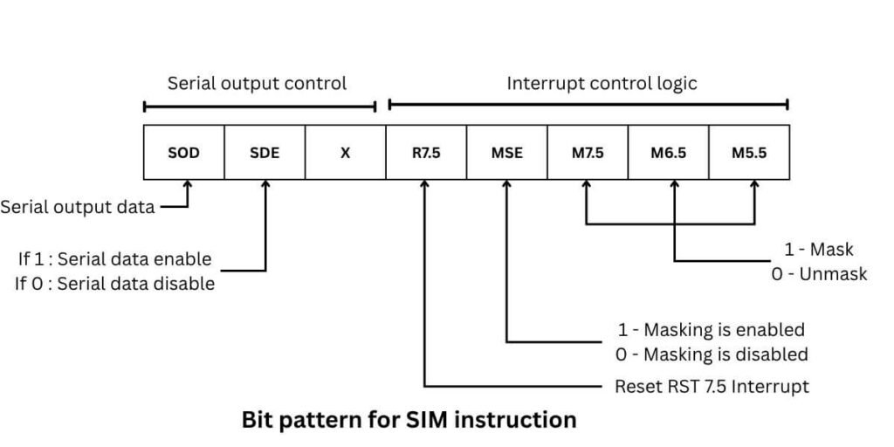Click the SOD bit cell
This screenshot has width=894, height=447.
(x=183, y=153)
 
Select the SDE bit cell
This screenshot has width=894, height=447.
(x=265, y=153)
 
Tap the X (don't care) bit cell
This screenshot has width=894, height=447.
(x=345, y=153)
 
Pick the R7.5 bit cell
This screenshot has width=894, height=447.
(x=426, y=153)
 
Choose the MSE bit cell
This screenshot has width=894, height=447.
(x=506, y=153)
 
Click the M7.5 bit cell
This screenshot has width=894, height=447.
(x=588, y=153)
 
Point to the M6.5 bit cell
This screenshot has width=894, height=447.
(x=668, y=153)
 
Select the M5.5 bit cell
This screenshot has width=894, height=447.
(x=749, y=153)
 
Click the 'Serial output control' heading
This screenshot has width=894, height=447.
(x=257, y=84)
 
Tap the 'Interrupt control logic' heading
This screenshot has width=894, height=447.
(x=602, y=84)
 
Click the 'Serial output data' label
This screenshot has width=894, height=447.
(x=78, y=207)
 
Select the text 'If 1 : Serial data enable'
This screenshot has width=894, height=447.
(x=115, y=259)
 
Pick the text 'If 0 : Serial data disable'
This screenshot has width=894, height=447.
(x=114, y=284)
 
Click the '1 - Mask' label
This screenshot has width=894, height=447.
(x=818, y=251)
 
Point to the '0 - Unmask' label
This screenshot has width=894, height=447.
(x=819, y=274)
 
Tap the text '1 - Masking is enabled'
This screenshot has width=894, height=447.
(x=711, y=330)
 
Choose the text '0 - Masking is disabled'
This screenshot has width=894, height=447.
(x=711, y=354)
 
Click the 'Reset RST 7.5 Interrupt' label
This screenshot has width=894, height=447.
(x=712, y=386)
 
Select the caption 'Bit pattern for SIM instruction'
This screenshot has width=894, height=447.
(x=409, y=420)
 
